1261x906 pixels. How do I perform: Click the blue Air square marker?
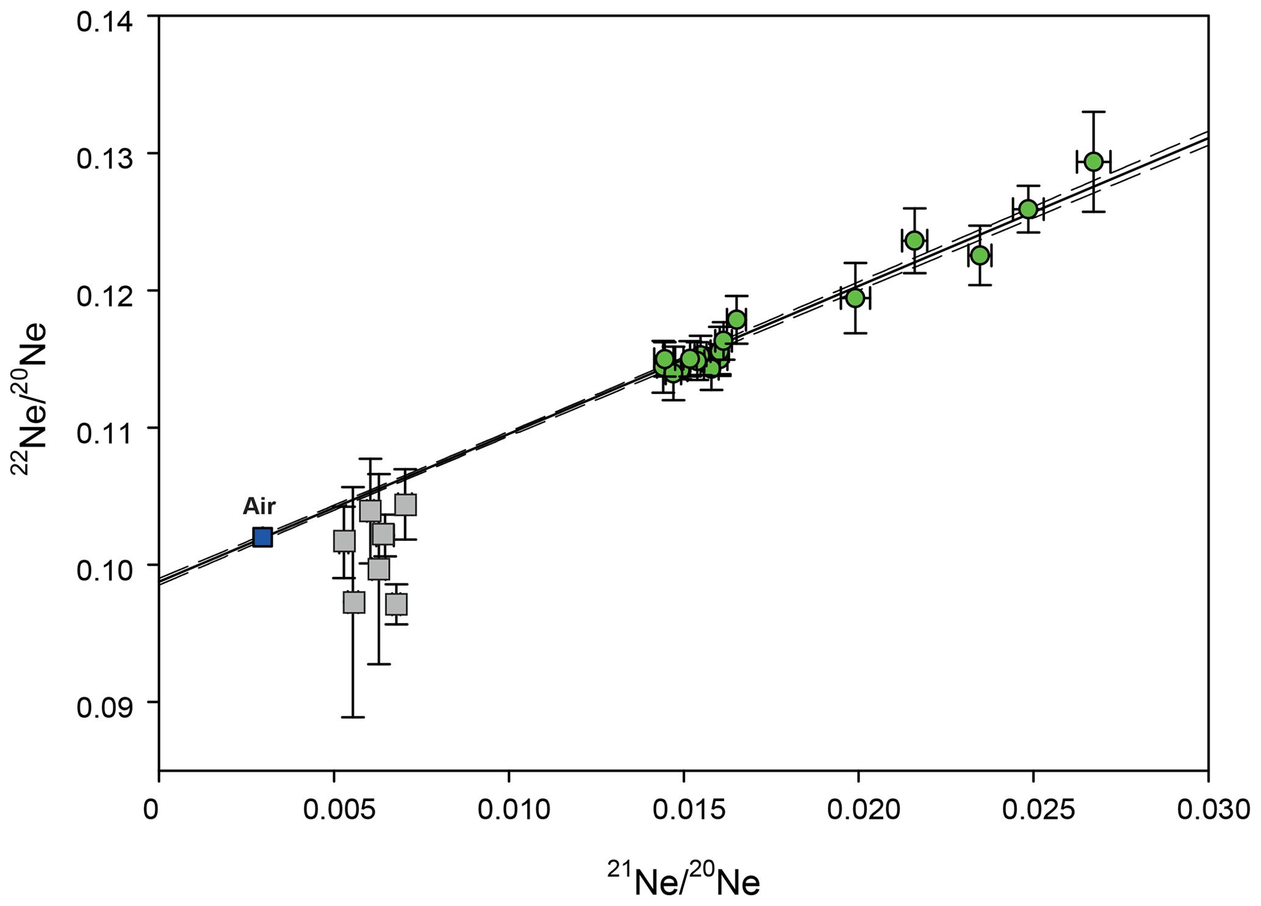[x=262, y=537]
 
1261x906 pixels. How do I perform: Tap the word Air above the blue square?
[x=259, y=507]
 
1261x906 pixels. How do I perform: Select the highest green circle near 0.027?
[x=1093, y=162]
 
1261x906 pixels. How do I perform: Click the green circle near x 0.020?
[x=855, y=298]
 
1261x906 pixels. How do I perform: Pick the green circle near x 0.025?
[x=1028, y=209]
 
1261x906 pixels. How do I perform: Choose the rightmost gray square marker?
[x=406, y=505]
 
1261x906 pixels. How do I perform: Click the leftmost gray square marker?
[x=344, y=541]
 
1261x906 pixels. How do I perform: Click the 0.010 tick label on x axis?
[x=509, y=810]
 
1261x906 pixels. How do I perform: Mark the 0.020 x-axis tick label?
[x=859, y=810]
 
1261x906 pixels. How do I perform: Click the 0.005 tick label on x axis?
[x=334, y=810]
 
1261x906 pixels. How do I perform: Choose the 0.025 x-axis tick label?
[x=1033, y=810]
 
